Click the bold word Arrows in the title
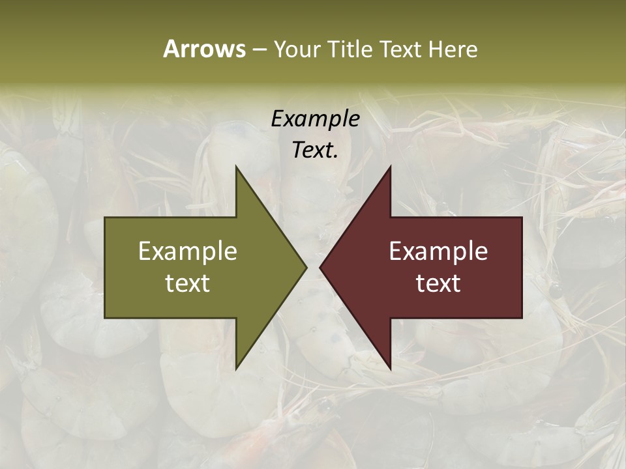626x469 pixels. tap(204, 49)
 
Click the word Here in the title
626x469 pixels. tap(453, 49)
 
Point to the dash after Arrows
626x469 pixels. tap(259, 50)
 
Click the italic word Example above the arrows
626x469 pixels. tap(315, 119)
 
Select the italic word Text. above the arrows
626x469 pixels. tap(315, 150)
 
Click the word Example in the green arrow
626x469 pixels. tap(188, 251)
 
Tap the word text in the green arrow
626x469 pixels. tap(188, 283)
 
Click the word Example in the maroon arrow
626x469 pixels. tap(438, 251)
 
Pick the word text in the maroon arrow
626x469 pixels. tap(438, 283)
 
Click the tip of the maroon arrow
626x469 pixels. tap(321, 267)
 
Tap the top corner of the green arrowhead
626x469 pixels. tap(236, 167)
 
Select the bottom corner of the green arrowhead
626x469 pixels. tap(236, 368)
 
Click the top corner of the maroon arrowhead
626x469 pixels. tap(390, 167)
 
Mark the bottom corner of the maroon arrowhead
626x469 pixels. tap(390, 368)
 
